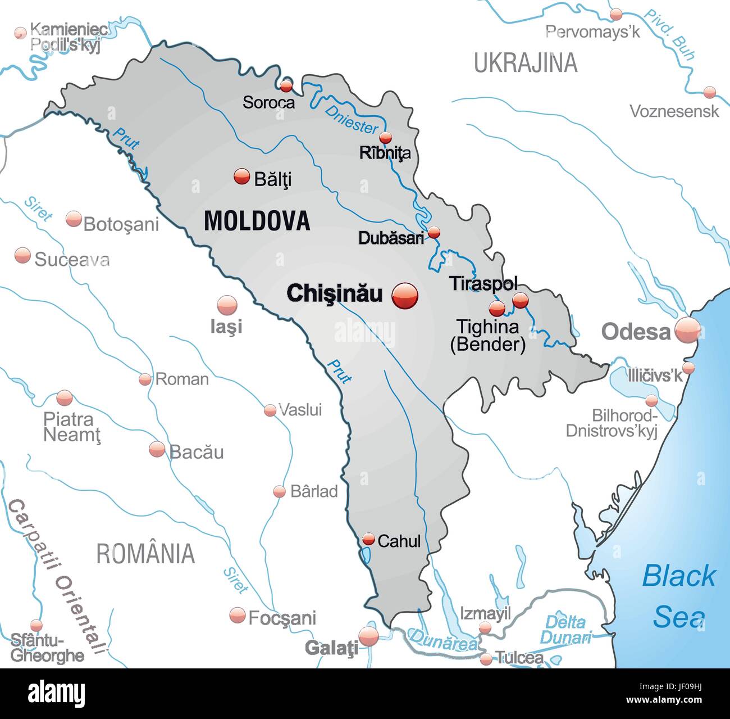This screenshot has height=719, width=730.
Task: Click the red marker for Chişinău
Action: click(405, 296)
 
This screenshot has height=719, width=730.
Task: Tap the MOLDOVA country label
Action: click(257, 220)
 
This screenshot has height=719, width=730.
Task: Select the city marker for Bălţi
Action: click(241, 177)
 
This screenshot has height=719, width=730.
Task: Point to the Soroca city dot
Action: click(286, 86)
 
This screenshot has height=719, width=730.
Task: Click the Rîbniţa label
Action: click(385, 153)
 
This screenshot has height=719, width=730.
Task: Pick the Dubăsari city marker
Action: click(434, 232)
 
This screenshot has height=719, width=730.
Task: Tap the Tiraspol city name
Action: click(483, 284)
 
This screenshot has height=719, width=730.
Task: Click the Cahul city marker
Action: click(368, 539)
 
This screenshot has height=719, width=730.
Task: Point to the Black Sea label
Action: click(679, 596)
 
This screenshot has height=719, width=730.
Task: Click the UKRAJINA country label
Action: click(526, 62)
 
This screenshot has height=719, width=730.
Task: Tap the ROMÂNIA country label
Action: click(145, 554)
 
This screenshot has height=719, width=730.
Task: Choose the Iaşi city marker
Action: click(227, 306)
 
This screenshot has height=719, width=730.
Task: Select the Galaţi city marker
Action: click(369, 636)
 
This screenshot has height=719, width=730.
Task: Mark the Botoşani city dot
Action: click(74, 219)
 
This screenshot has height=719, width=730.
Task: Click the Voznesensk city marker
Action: click(710, 92)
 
